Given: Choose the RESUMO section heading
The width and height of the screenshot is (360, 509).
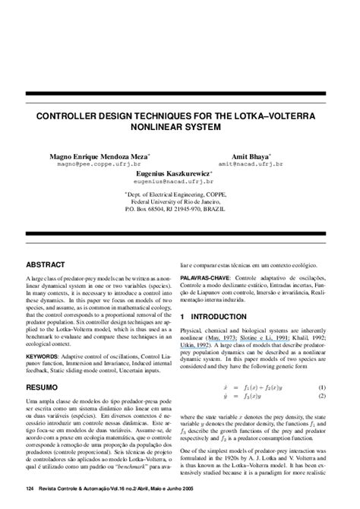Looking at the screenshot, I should [x=43, y=387].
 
